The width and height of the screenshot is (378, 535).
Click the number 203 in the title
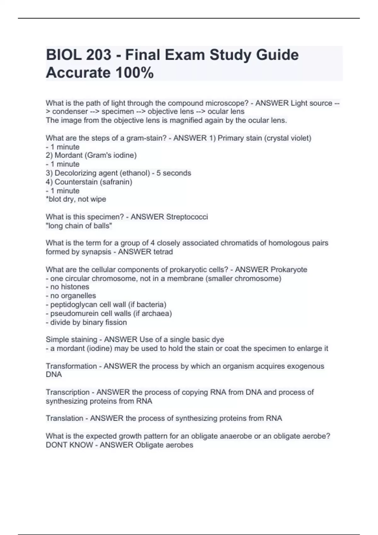98,55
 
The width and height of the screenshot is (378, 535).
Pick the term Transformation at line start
71,366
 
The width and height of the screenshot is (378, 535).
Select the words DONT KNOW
69,445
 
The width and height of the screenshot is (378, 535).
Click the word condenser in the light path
70,112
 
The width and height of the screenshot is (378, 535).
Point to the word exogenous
305,366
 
